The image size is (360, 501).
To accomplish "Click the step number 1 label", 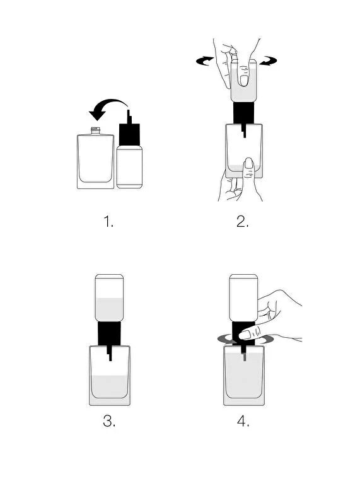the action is click(x=108, y=221).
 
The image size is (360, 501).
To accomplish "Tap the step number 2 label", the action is click(x=243, y=221).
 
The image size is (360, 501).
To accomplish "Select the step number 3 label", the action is click(x=109, y=421).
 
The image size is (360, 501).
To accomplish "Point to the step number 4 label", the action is click(x=243, y=421).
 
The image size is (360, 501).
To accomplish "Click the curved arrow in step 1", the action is click(x=110, y=103).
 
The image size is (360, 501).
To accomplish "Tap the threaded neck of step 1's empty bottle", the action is click(x=95, y=130).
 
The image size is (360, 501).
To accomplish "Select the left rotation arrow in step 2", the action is click(x=205, y=60).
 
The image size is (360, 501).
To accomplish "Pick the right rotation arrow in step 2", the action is click(x=268, y=60).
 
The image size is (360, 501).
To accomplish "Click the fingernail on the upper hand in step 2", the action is click(x=244, y=80).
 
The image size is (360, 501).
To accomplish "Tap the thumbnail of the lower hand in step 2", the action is click(x=248, y=164).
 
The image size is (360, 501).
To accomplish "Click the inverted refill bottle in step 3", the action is click(x=109, y=298).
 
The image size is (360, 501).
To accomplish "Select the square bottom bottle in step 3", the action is click(x=110, y=376).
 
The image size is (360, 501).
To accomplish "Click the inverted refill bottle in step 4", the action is click(x=243, y=298).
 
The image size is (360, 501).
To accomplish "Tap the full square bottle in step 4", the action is click(x=244, y=376).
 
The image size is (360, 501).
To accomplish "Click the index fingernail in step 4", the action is click(x=245, y=335).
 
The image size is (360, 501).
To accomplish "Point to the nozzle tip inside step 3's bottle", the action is click(x=110, y=358).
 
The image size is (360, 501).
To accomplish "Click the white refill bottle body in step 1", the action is click(x=129, y=167).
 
